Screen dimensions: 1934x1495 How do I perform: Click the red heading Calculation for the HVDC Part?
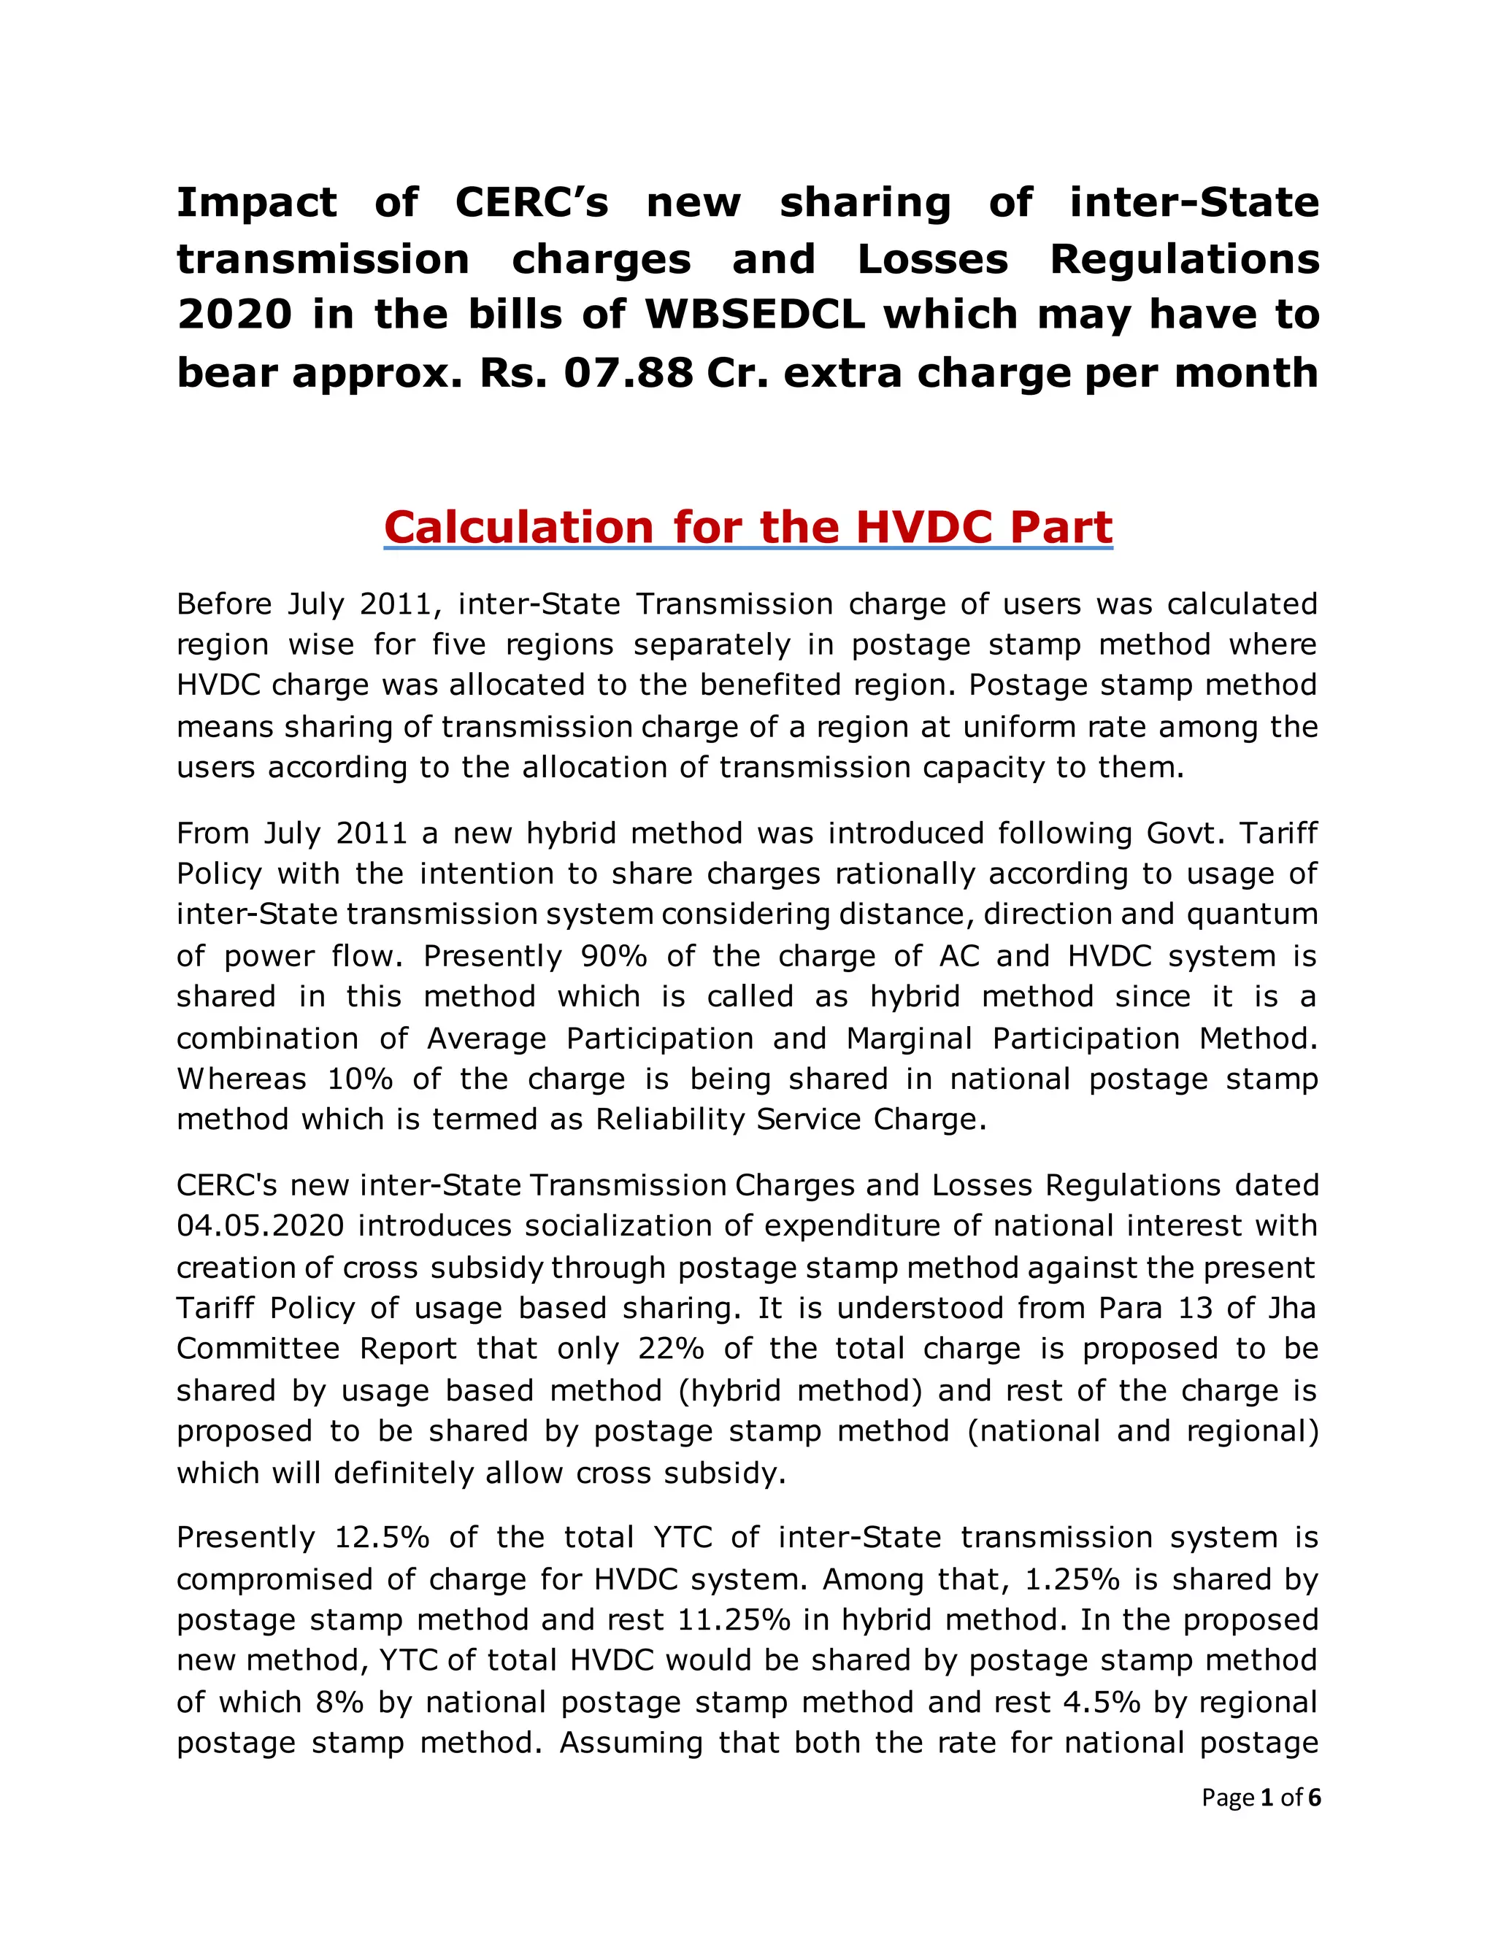(747, 528)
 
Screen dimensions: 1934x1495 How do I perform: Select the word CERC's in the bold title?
(531, 203)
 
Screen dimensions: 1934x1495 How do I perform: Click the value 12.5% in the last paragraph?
(382, 1537)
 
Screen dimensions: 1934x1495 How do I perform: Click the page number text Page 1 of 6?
(1260, 1798)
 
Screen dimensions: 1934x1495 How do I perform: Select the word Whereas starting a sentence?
(241, 1079)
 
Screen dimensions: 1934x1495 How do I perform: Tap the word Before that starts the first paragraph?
(224, 605)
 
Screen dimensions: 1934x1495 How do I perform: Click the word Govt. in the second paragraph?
(1183, 833)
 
